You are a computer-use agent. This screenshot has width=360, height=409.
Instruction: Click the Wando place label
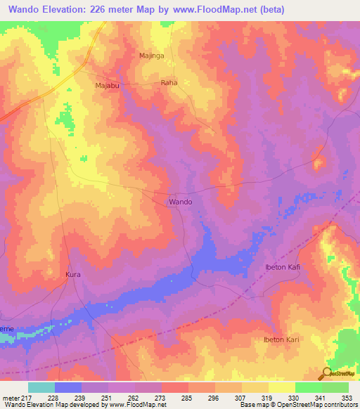coord(181,202)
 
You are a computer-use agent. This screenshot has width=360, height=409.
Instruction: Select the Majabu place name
coord(109,86)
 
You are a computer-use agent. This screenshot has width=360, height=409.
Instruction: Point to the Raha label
coord(169,82)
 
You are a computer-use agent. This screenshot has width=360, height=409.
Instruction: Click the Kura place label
coord(74,274)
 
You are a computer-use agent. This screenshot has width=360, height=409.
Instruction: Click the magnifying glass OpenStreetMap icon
coord(327,373)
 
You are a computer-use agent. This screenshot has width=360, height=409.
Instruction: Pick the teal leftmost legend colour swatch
coord(41,387)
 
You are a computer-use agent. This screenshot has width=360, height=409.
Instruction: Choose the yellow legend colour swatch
coord(282,387)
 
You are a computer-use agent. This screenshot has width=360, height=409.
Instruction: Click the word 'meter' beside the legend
coord(11,397)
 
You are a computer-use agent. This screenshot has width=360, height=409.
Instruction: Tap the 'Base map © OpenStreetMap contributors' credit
coord(297,405)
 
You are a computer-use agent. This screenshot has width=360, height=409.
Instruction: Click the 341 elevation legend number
coord(321,397)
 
